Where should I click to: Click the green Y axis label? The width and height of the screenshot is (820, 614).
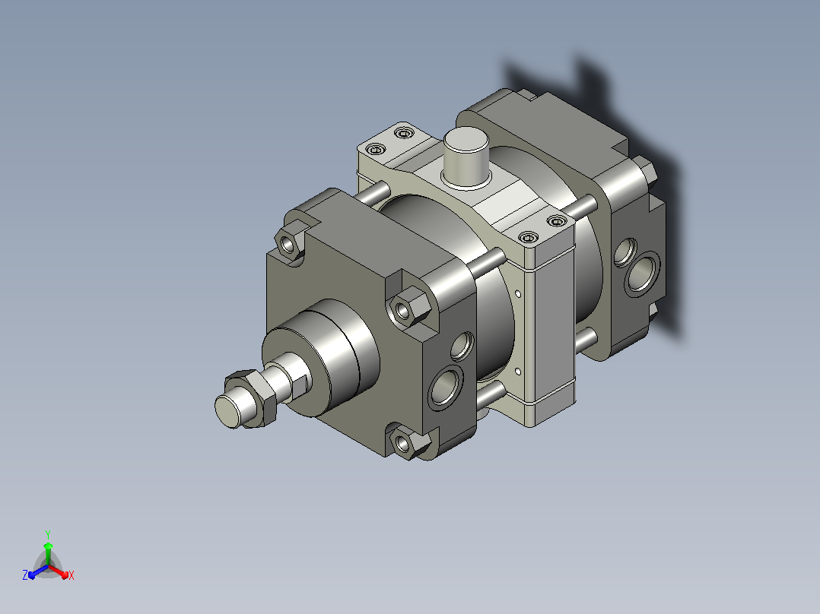(48, 534)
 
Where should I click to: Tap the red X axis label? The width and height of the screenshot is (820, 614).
(72, 575)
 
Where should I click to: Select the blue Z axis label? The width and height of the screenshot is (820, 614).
(25, 574)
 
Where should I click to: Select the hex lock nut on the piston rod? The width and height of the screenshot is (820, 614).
(252, 399)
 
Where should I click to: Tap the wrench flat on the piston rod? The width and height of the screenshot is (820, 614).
(299, 385)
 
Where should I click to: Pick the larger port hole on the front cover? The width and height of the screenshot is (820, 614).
(445, 387)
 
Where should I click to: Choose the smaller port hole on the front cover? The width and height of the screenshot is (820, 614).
(462, 346)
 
